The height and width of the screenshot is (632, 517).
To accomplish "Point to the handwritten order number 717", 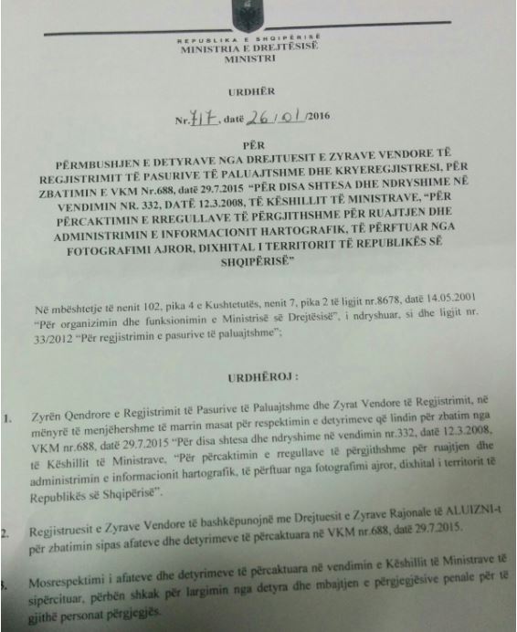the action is click(205, 120).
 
